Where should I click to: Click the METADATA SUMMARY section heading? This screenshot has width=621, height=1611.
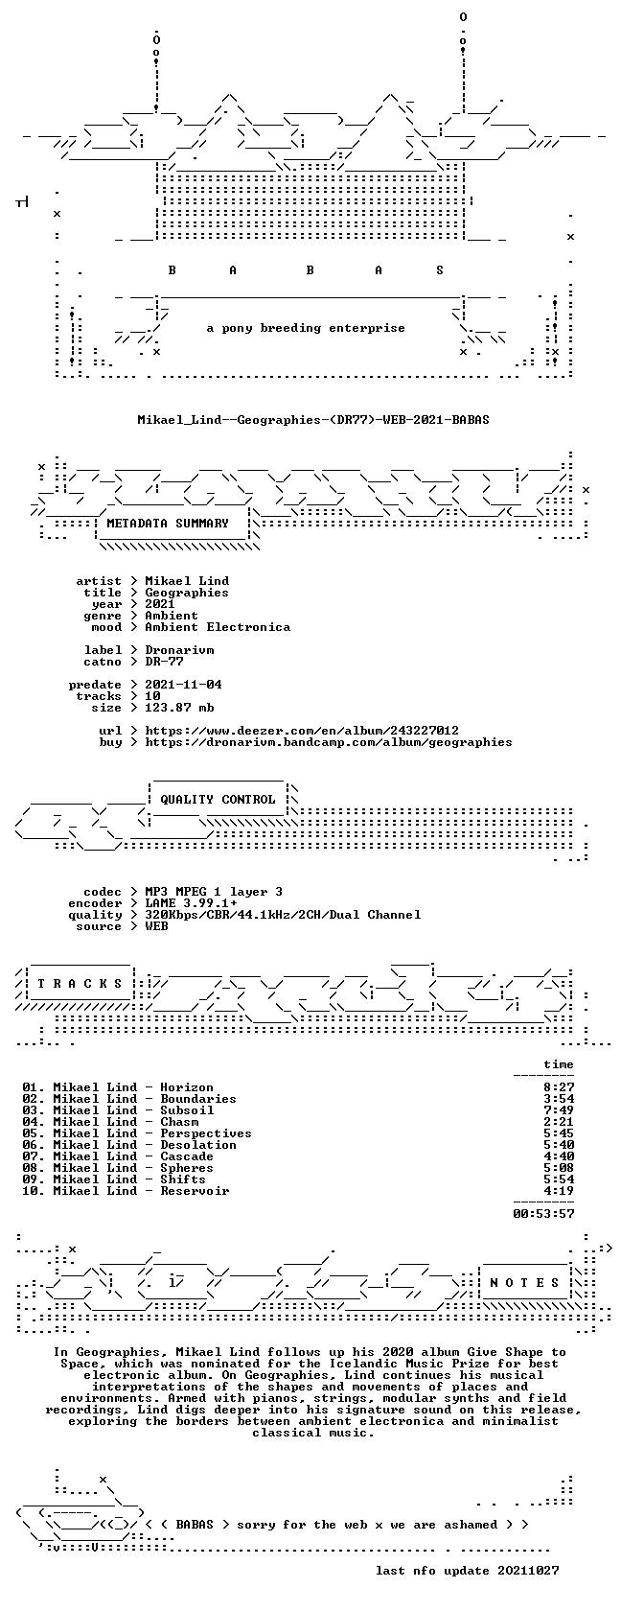(x=168, y=524)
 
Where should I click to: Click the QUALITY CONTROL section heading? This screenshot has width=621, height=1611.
(x=218, y=800)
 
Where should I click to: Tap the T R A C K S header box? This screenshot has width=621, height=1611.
(x=80, y=984)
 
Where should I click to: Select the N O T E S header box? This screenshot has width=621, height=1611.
(x=524, y=1283)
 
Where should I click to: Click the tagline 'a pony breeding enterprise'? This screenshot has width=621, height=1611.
(x=306, y=328)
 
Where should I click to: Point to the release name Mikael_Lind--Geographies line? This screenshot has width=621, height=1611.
(x=313, y=420)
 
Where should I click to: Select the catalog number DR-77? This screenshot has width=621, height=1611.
(x=164, y=662)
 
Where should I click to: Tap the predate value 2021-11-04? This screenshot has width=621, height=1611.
(x=183, y=685)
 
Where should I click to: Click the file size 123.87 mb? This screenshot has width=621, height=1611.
(x=180, y=708)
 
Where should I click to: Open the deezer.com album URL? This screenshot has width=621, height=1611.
(x=302, y=731)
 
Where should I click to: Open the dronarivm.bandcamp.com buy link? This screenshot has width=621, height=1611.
(x=329, y=742)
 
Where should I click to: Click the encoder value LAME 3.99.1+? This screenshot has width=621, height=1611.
(x=192, y=903)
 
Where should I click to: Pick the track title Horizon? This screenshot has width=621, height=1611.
(x=187, y=1087)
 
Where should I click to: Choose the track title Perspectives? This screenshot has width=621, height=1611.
(x=205, y=1133)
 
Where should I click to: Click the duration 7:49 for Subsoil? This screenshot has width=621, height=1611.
(x=559, y=1110)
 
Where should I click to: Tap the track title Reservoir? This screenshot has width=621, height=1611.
(x=195, y=1191)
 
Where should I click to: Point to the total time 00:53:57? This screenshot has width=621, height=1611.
(x=543, y=1214)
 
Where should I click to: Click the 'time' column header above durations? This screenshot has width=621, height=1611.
(x=559, y=1064)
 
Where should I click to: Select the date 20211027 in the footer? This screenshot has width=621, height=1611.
(x=528, y=1571)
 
